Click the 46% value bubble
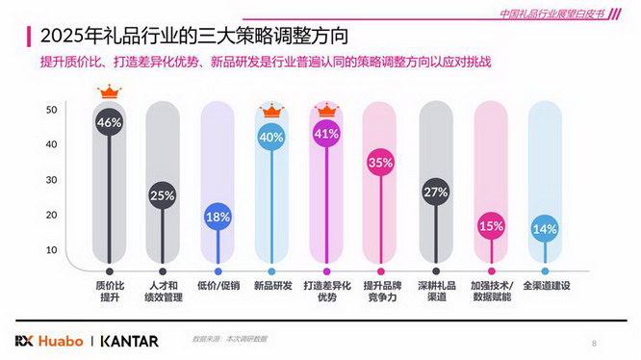[109, 123]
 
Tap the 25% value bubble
[162, 195]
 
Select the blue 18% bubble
[218, 217]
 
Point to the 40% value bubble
[271, 137]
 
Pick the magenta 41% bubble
[326, 134]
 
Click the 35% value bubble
[380, 163]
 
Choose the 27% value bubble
[435, 192]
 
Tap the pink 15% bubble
[491, 226]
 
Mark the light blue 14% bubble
[545, 229]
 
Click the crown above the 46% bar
[109, 92]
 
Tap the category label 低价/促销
[218, 286]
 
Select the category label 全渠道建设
[546, 286]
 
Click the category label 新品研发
[271, 286]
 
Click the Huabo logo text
[60, 341]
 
